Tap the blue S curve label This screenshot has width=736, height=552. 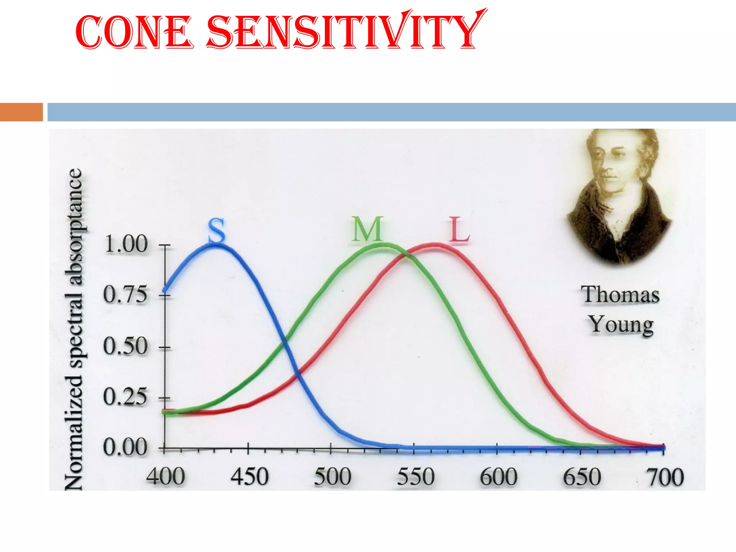pos(217,231)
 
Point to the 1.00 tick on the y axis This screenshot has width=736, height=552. pos(126,244)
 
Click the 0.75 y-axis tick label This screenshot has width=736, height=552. pos(125,295)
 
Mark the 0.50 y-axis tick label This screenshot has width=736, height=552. pos(125,346)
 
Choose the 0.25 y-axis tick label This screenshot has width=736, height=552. pos(125,397)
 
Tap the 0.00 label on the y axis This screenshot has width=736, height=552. pos(125,448)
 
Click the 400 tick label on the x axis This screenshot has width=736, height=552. pos(165,477)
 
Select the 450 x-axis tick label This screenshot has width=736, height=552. pos(249,477)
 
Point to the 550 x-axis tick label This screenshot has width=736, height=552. pos(416,477)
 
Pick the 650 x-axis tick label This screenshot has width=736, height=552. pos(582,477)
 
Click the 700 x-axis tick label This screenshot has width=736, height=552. pos(665,477)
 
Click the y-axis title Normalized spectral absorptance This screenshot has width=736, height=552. pos(74,329)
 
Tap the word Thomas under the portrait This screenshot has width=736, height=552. pos(620,295)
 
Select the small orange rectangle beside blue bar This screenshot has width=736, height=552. pos(21,112)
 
